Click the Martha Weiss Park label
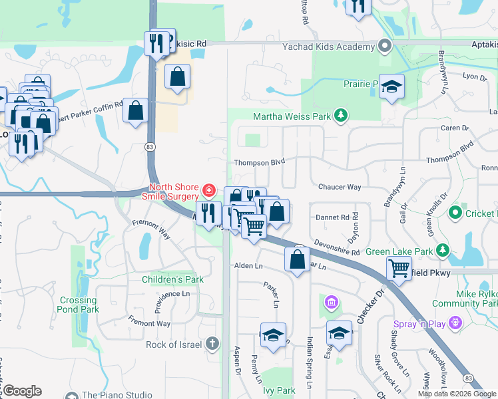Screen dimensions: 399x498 coord(292,117)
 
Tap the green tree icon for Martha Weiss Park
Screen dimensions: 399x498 coord(341,116)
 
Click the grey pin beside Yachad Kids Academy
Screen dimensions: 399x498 coord(384,47)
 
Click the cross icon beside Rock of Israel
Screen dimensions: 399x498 coord(212,344)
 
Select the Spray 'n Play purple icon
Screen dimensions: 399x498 coord(455,324)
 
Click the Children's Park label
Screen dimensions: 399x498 coord(172,279)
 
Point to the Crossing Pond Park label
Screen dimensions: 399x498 coord(78,305)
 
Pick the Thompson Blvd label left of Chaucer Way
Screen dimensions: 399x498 coord(259,162)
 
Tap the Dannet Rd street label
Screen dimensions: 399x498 coord(332,217)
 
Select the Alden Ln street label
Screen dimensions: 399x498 coord(248,265)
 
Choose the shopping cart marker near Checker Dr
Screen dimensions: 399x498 coord(398,269)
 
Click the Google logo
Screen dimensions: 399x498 coord(21,391)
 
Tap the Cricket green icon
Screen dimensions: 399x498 coord(455,213)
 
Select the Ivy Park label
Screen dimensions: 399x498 coord(279,390)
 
